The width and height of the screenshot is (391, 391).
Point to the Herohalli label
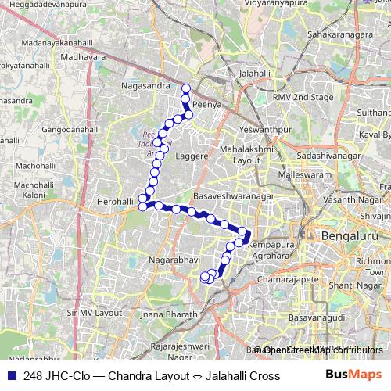[x=116, y=202]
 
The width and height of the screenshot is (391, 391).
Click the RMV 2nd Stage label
[x=303, y=98]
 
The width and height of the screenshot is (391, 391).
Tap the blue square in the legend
[x=9, y=376]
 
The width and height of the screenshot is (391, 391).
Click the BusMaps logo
[x=353, y=376]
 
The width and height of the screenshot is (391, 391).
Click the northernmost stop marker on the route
[x=186, y=88]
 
